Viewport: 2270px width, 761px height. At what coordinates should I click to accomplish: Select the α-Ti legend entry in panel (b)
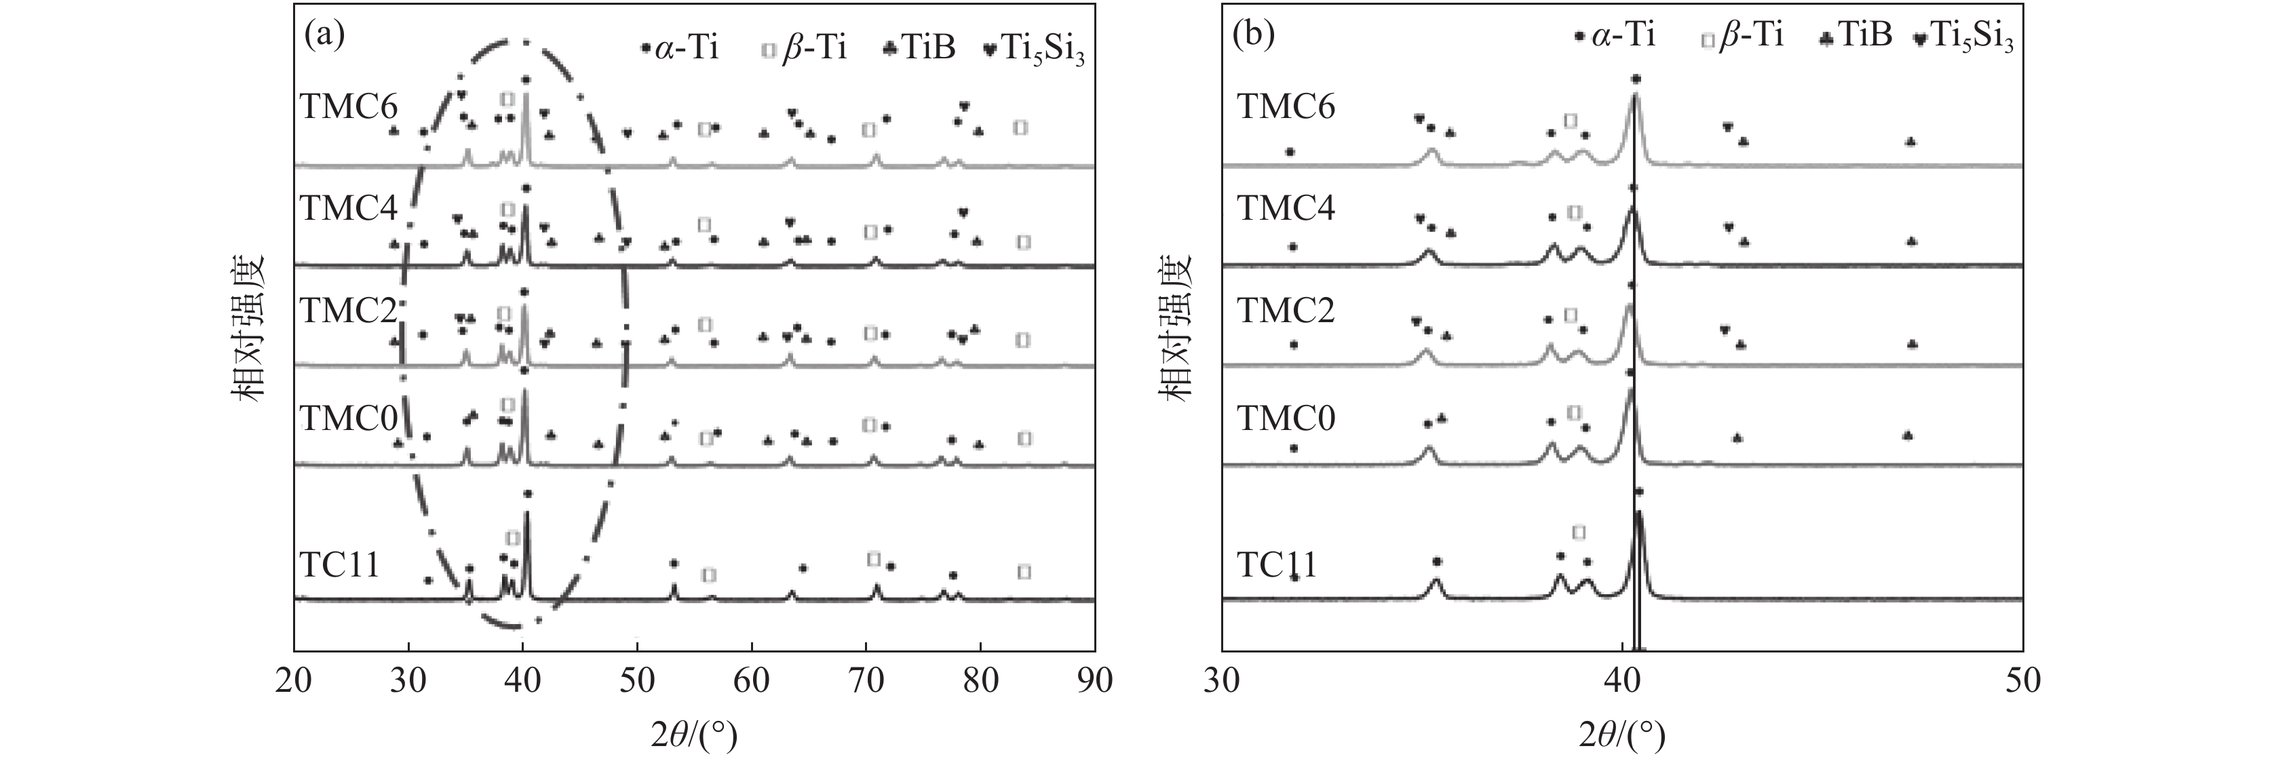[x=1613, y=37]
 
